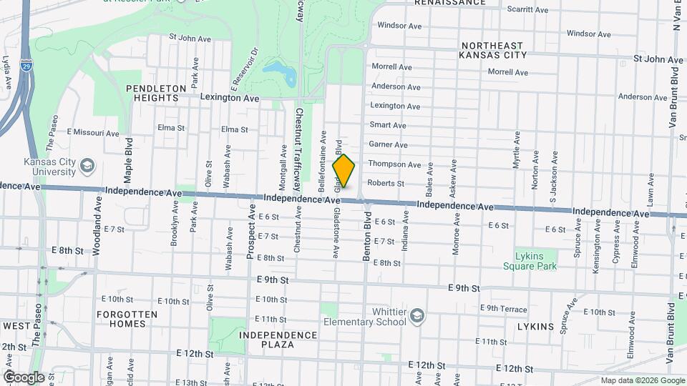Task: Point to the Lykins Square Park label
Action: tap(535, 261)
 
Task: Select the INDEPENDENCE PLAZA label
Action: tap(278, 340)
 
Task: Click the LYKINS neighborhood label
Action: tap(535, 327)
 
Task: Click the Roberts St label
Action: tap(386, 183)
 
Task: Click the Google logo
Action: tap(23, 377)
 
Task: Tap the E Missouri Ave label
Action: tap(93, 133)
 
